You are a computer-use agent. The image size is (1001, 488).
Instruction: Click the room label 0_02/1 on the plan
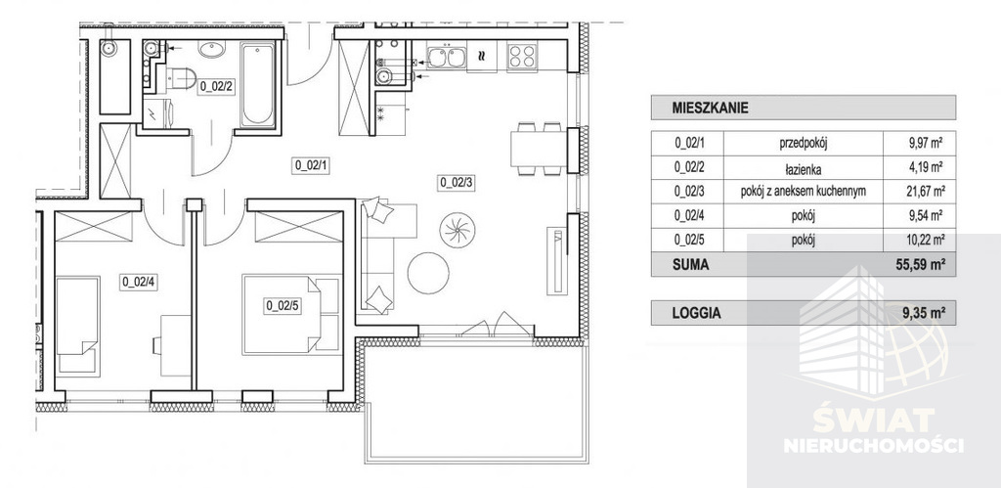[309, 165]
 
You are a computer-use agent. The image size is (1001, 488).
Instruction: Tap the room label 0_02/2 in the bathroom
[215, 86]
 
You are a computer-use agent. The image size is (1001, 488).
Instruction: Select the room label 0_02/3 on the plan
[456, 181]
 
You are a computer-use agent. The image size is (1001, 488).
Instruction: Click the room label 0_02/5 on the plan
[282, 305]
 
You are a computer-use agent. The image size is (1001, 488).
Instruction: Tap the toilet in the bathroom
[182, 80]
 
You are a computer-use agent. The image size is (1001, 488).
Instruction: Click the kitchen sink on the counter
[450, 58]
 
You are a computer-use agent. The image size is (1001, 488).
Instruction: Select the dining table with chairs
[536, 149]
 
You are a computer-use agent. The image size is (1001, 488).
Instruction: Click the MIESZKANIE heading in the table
[710, 107]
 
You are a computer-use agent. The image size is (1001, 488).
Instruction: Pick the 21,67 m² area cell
[925, 191]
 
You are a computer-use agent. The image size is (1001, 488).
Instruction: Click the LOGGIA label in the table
[696, 313]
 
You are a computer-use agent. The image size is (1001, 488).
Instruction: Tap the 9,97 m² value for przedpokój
[925, 142]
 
